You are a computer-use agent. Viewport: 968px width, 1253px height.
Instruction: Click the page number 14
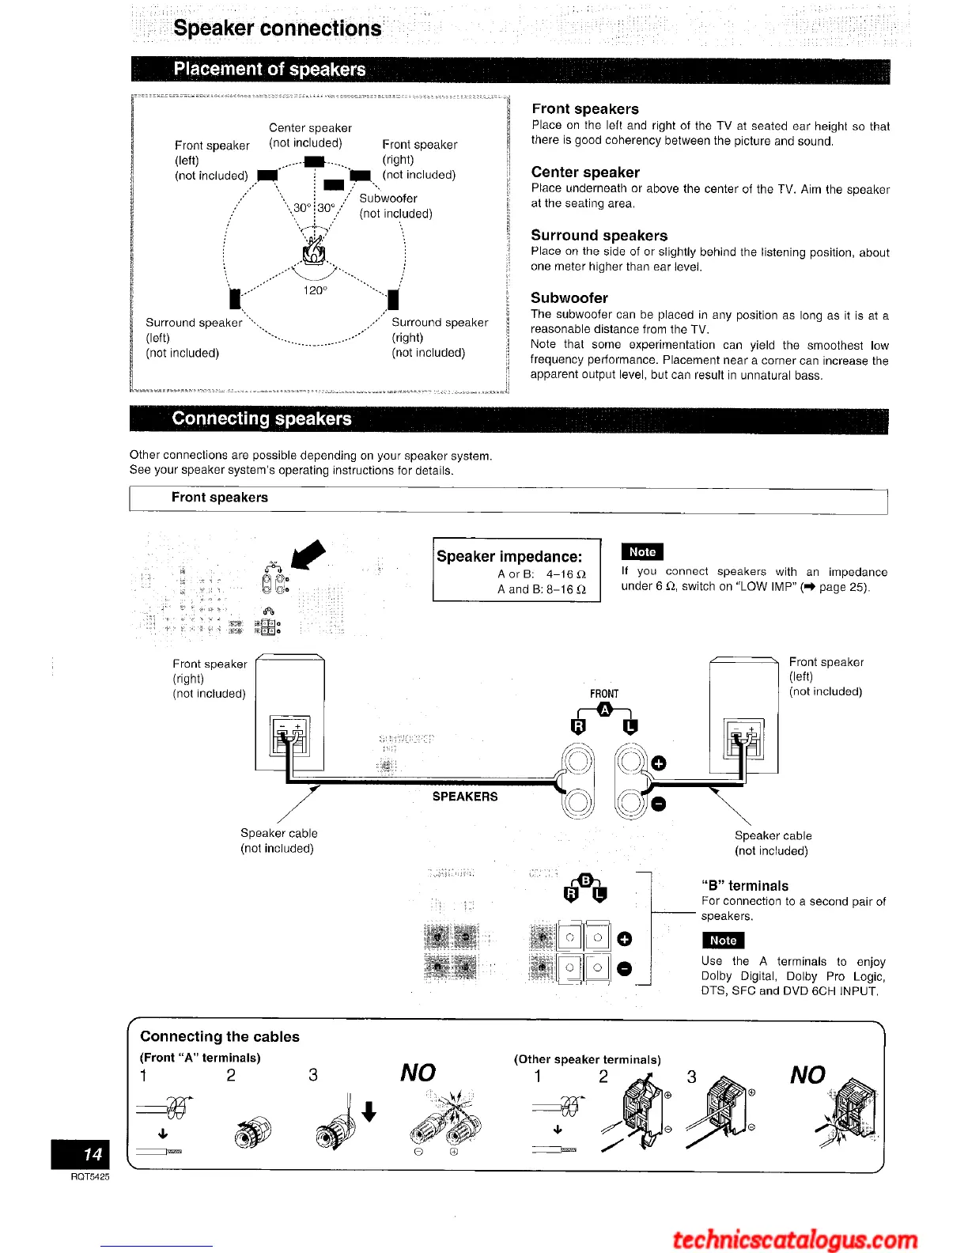[x=93, y=1154]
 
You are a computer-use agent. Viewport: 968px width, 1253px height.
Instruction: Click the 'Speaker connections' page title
[x=277, y=28]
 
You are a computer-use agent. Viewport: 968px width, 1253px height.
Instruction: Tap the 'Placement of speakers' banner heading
[x=270, y=70]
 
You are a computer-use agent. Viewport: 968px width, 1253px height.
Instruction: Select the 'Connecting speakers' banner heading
[x=262, y=418]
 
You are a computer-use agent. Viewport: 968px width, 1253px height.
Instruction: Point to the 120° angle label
[x=315, y=290]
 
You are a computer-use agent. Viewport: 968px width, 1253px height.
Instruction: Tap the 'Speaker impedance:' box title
[x=509, y=556]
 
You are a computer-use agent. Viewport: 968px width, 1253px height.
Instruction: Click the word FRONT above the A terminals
[x=604, y=694]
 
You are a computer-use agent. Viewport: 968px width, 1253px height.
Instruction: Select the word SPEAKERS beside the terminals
[x=465, y=797]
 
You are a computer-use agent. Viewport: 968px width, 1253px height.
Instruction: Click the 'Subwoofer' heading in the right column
[x=569, y=298]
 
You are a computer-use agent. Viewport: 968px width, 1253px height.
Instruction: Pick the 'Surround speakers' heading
[x=599, y=236]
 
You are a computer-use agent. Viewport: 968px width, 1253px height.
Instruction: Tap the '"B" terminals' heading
[x=745, y=886]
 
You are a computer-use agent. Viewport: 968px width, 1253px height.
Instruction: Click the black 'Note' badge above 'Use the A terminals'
[x=723, y=941]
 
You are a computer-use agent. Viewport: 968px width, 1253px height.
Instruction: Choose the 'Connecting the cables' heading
[x=220, y=1037]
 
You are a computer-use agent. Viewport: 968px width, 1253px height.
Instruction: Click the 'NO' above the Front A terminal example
[x=418, y=1073]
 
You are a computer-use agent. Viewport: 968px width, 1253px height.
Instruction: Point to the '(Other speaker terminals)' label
[x=588, y=1059]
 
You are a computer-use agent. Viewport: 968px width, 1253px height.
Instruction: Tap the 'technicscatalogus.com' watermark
[x=795, y=1239]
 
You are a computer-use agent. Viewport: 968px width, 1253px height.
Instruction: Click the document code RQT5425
[x=89, y=1177]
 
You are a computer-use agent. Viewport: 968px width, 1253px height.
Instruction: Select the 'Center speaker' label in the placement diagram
[x=310, y=128]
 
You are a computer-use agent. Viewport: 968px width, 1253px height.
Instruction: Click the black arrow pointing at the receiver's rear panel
[x=309, y=554]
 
